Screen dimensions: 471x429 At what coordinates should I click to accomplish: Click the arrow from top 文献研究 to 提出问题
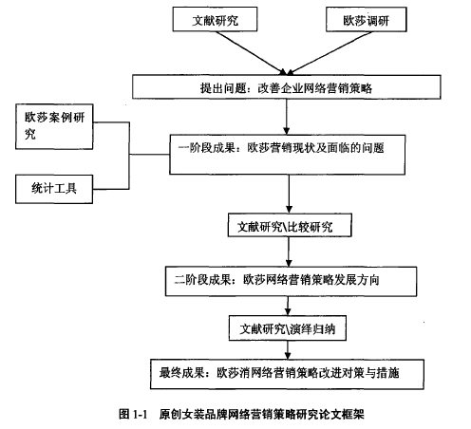(x=251, y=53)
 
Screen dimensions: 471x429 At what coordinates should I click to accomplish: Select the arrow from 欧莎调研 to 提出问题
(x=330, y=53)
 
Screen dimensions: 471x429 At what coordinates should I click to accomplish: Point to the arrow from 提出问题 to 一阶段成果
(x=287, y=117)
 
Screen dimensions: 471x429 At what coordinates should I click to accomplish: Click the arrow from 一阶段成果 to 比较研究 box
(x=289, y=194)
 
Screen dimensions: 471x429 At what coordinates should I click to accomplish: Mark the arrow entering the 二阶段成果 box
(x=289, y=252)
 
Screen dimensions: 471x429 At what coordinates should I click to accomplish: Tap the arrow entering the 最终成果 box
(x=288, y=350)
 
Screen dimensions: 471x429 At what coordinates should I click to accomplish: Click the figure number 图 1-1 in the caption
(x=133, y=414)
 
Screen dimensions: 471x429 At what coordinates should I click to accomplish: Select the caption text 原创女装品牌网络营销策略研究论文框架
(x=261, y=414)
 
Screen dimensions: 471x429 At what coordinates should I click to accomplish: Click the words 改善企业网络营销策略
(x=315, y=87)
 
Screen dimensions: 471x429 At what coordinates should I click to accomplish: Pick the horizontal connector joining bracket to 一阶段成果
(x=149, y=155)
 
